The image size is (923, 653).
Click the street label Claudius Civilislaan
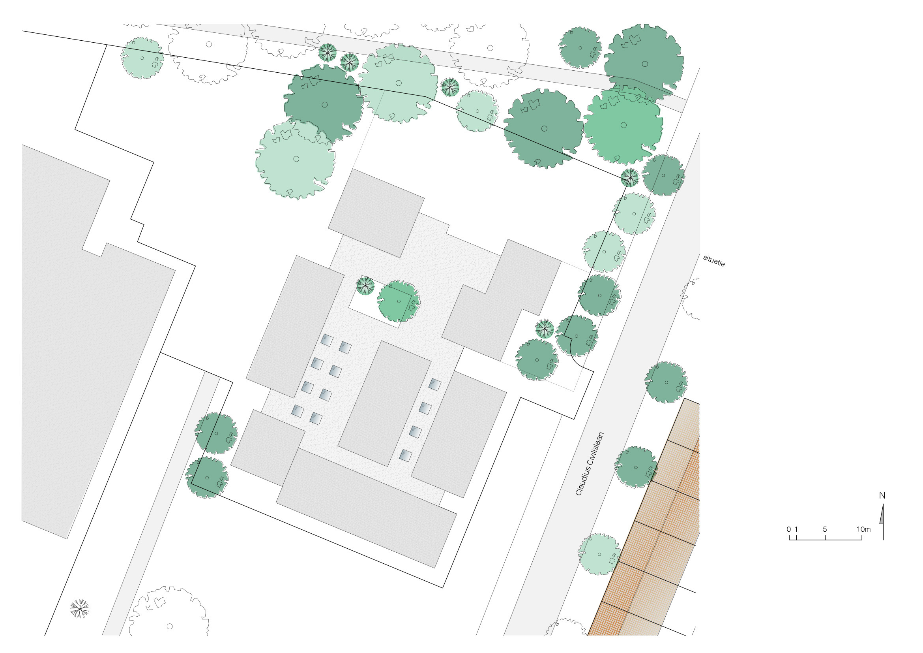590,463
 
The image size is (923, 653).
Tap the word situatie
714,261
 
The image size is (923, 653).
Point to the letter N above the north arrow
882,496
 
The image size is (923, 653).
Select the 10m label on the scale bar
863,529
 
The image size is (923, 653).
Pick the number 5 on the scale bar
825,529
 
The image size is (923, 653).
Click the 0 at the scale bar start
789,529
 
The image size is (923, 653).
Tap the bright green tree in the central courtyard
399,301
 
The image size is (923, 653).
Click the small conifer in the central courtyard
365,285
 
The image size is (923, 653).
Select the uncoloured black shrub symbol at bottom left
80,609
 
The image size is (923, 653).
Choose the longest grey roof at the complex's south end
366,508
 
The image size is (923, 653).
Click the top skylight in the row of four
434,384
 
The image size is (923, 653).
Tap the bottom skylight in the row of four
406,456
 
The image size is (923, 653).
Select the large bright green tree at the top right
623,125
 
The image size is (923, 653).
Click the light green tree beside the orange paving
599,554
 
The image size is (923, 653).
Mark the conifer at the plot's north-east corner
629,177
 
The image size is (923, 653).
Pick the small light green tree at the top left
142,58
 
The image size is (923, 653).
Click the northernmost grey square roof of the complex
376,213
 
